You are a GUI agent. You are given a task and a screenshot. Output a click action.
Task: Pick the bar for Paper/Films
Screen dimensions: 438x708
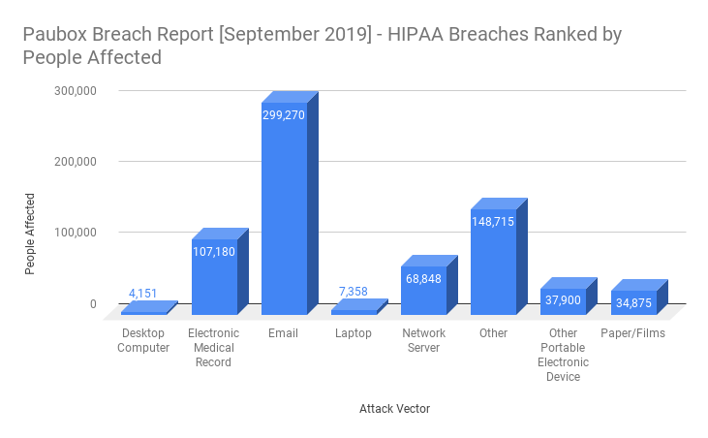(x=633, y=304)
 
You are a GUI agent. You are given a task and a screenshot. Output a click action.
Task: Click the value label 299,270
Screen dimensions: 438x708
(x=285, y=114)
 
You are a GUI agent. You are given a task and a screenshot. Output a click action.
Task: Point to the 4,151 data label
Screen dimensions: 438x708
(x=144, y=294)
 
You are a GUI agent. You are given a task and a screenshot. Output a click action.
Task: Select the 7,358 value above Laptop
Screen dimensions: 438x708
(x=354, y=291)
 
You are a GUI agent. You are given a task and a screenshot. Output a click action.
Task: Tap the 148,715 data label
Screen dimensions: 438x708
(x=493, y=222)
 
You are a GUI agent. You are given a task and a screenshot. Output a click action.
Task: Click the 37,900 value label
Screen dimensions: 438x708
(x=563, y=300)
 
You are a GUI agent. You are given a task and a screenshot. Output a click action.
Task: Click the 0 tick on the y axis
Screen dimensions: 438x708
(x=93, y=303)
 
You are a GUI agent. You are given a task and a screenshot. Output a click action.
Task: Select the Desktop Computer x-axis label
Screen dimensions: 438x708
(x=144, y=340)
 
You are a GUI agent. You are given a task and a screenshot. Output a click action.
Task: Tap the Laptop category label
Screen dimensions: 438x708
(x=354, y=333)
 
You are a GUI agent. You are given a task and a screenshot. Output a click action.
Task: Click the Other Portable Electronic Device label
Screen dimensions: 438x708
(x=563, y=355)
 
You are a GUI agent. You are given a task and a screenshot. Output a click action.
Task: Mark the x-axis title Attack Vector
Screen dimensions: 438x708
(x=392, y=409)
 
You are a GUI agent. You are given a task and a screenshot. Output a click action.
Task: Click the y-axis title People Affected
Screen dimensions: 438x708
(x=30, y=233)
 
